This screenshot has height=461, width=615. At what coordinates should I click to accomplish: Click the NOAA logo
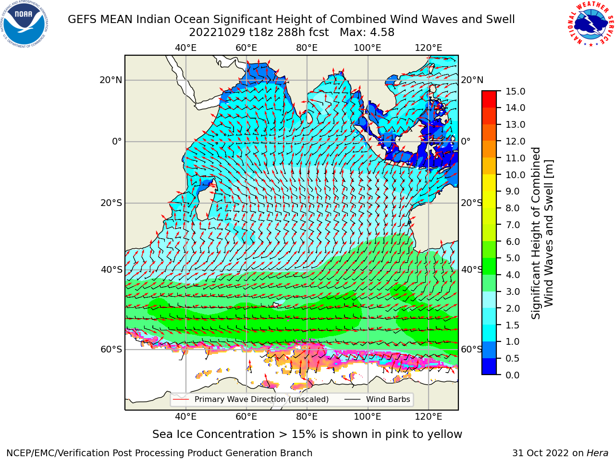click(x=24, y=24)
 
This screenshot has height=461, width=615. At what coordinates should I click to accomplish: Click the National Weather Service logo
click(x=590, y=24)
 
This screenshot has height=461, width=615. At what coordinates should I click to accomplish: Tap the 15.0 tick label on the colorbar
click(x=515, y=91)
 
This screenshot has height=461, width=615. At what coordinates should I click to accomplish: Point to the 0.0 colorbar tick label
click(x=513, y=375)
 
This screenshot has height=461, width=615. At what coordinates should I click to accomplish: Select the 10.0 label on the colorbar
click(x=515, y=175)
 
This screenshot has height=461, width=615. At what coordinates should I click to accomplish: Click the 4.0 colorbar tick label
click(x=513, y=275)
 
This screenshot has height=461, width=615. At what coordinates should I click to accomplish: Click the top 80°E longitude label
click(x=307, y=48)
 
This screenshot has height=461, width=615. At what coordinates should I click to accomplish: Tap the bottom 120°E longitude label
click(x=429, y=417)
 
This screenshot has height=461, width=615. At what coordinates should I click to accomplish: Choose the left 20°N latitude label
click(x=111, y=80)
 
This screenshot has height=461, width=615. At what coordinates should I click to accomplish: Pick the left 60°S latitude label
click(x=111, y=349)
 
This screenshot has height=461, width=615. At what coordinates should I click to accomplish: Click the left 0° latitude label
click(x=117, y=141)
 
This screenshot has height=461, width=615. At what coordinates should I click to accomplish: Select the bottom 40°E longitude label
click(x=185, y=417)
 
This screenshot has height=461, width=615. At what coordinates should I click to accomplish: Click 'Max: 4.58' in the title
click(x=367, y=33)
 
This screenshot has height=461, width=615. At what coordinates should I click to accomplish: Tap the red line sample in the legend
click(x=181, y=400)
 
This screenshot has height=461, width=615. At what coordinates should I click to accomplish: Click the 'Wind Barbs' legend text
click(x=388, y=400)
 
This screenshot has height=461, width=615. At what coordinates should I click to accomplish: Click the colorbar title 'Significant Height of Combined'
click(x=535, y=233)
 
